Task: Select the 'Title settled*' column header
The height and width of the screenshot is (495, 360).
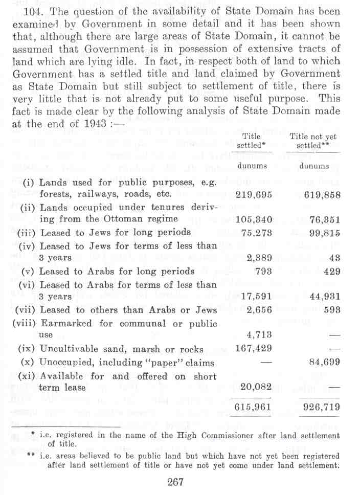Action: click(x=251, y=141)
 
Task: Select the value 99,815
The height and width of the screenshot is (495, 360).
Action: click(x=322, y=233)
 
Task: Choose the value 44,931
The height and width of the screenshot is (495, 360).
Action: click(x=322, y=297)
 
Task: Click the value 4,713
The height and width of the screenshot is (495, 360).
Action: click(x=258, y=335)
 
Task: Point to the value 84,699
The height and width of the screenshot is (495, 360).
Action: click(x=322, y=363)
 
